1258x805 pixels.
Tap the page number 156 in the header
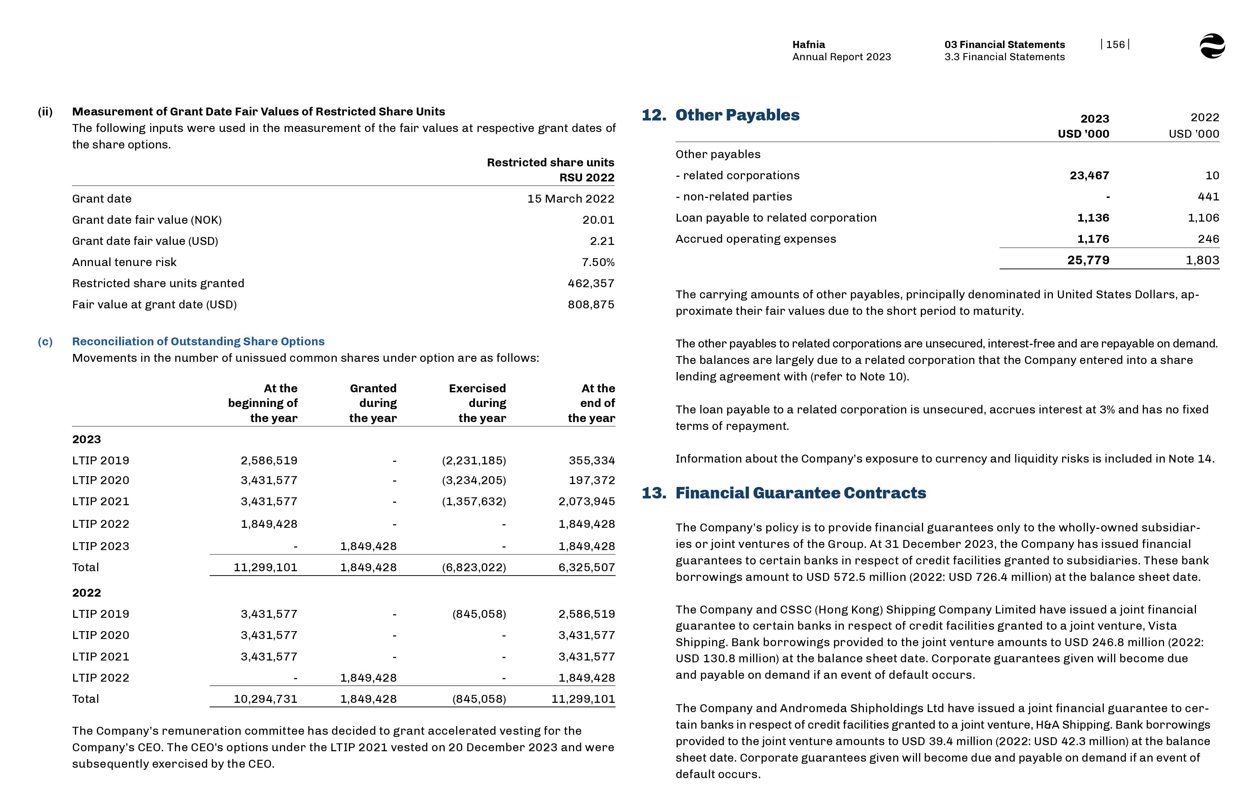(x=1115, y=44)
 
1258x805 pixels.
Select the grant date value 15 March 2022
(x=570, y=199)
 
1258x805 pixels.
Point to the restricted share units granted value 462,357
(x=591, y=283)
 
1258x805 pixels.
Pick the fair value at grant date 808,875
(x=591, y=304)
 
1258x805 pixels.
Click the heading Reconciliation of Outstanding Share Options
(x=198, y=341)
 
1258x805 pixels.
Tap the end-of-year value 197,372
(x=592, y=480)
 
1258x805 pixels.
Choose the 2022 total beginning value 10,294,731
(x=265, y=699)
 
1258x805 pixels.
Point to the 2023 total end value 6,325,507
(x=586, y=567)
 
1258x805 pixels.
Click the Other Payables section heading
(x=737, y=115)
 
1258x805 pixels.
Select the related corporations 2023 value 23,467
(x=1089, y=176)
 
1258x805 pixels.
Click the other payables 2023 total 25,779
(x=1088, y=260)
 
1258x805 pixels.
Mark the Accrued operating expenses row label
(x=755, y=239)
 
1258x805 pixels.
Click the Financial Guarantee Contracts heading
(x=800, y=493)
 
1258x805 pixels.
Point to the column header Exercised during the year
(x=477, y=403)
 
